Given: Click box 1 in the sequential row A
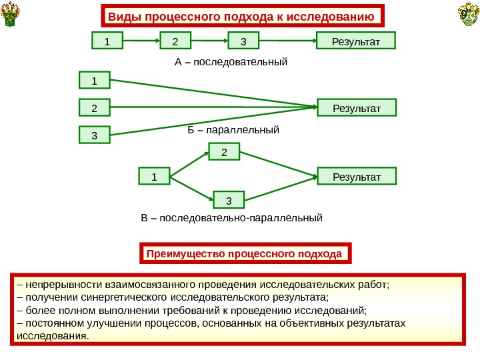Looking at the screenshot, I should click(107, 41).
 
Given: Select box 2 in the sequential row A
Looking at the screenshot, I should click(176, 41).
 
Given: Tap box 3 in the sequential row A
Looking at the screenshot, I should click(244, 41).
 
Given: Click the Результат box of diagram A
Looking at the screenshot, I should click(356, 41).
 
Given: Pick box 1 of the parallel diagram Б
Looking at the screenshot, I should click(94, 81).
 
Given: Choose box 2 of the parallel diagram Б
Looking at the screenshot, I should click(94, 108).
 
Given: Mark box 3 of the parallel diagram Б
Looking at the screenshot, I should click(94, 135).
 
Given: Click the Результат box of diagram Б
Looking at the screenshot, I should click(356, 107).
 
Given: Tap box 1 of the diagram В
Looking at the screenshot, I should click(154, 177).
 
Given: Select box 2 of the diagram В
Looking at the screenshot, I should click(225, 153).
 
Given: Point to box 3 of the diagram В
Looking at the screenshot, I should click(229, 199).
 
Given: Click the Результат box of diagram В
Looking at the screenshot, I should click(356, 177).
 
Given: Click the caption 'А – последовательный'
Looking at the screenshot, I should click(231, 62).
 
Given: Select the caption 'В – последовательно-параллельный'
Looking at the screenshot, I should click(231, 217).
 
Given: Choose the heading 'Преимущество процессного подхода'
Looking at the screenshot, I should click(244, 254).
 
